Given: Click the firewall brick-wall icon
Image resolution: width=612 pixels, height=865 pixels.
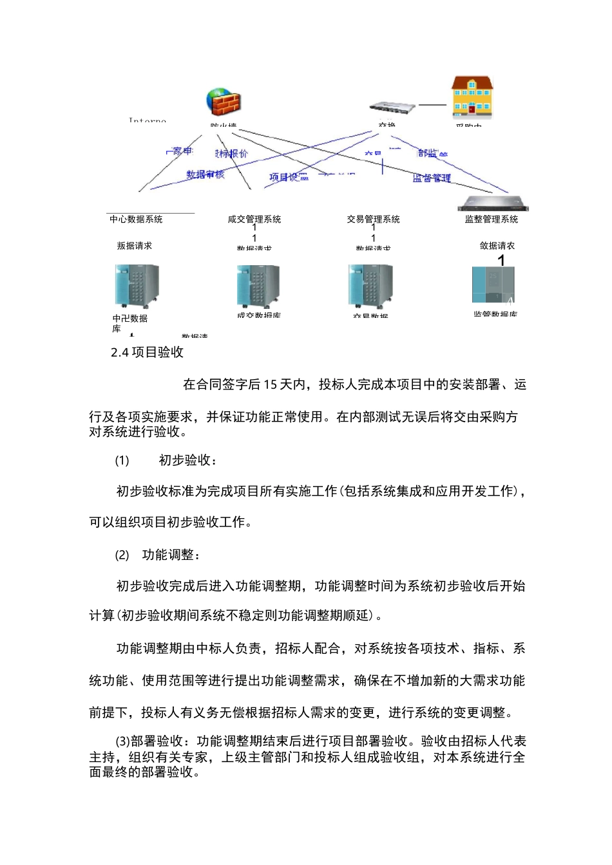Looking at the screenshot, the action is [x=224, y=102].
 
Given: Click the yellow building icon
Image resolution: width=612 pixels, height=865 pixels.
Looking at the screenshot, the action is [x=472, y=98].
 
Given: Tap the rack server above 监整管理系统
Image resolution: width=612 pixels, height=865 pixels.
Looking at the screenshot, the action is [x=493, y=204].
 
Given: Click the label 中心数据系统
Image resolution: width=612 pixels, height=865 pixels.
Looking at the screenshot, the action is [x=136, y=219].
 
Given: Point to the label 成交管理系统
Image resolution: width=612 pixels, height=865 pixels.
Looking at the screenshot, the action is [x=254, y=219].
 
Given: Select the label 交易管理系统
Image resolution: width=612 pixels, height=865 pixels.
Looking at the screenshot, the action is [x=374, y=219].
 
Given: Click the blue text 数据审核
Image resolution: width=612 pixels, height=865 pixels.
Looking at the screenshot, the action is [x=206, y=174].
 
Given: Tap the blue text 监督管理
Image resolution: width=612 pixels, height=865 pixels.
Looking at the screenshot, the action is [x=432, y=178].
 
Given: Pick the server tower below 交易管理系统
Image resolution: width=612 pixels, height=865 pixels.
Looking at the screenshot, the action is [x=371, y=286].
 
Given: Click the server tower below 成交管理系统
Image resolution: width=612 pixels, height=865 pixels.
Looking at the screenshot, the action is [x=258, y=286].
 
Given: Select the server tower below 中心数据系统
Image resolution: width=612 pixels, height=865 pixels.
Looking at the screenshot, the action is [x=137, y=286].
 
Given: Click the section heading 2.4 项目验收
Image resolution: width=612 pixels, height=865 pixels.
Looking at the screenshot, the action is [x=148, y=352].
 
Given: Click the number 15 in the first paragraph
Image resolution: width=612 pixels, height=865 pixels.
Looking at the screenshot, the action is [x=270, y=385].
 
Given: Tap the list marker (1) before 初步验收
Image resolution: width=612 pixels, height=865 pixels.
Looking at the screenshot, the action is [x=122, y=460].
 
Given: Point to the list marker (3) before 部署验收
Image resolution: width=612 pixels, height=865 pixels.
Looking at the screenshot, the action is [x=122, y=741].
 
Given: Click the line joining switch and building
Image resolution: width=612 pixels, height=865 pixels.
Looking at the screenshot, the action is [x=432, y=105].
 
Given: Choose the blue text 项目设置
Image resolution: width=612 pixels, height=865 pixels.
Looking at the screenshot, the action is [x=289, y=177].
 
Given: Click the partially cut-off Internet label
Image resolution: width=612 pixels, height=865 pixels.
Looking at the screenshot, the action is [x=148, y=120].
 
